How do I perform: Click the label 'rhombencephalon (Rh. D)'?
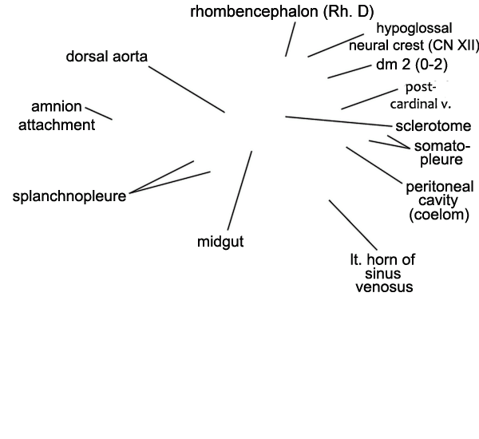[x=282, y=12]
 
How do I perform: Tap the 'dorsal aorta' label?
[x=107, y=57]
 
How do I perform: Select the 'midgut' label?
[x=220, y=242]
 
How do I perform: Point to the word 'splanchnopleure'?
[x=69, y=196]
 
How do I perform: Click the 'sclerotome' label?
[x=433, y=126]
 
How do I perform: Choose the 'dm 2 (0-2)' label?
[x=412, y=65]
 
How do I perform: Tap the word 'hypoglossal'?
[x=414, y=29]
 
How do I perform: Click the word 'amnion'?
[x=57, y=107]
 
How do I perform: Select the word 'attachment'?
[x=57, y=125]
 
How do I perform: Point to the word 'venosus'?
[x=384, y=287]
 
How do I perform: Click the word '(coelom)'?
[x=439, y=215]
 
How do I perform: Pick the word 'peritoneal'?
[x=440, y=187]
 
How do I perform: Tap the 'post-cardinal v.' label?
[x=421, y=96]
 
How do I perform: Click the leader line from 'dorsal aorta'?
[x=187, y=89]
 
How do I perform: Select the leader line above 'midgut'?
[x=239, y=190]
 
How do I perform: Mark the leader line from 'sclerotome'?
[x=338, y=121]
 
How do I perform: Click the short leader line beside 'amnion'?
[x=99, y=113]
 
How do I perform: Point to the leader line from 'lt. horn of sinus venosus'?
[x=353, y=225]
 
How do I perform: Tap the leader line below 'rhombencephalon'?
[x=291, y=39]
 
